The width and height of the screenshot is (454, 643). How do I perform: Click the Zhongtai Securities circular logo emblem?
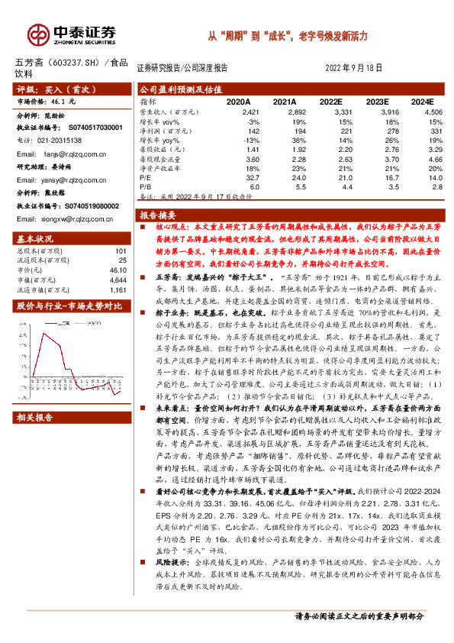pos(39,34)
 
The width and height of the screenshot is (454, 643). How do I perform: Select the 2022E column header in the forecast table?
pos(330,101)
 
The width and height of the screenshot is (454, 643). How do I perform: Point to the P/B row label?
pos(147,186)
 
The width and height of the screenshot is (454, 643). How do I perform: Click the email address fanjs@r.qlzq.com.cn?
pos(69,153)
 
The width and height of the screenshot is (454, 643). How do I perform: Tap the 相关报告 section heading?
pos(34,418)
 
